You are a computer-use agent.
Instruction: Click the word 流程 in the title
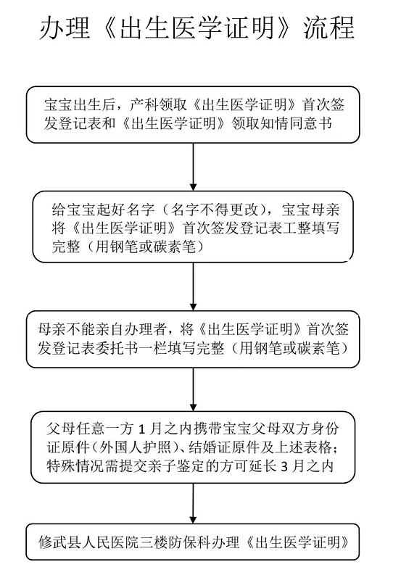point(328,28)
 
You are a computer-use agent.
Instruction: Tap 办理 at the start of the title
point(65,28)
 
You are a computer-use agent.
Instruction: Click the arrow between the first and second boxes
point(194,167)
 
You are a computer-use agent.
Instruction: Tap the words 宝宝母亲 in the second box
point(311,210)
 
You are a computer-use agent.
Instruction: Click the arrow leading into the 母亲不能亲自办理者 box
point(194,286)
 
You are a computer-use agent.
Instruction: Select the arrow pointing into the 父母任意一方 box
point(194,389)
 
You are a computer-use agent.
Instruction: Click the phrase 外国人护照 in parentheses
point(134,447)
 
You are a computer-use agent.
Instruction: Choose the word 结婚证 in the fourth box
point(210,447)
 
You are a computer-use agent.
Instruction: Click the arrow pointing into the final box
point(194,503)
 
